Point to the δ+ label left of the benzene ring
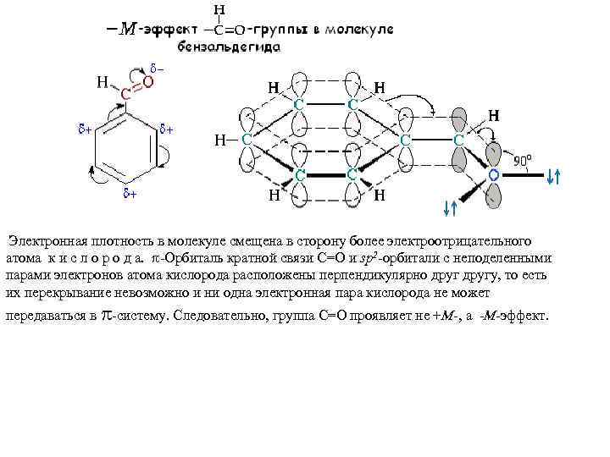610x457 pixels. coord(85,130)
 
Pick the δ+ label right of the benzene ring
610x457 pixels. coord(167,129)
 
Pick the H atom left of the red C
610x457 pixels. coord(102,82)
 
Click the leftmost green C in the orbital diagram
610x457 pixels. coord(246,139)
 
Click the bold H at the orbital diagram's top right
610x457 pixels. coord(493,115)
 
